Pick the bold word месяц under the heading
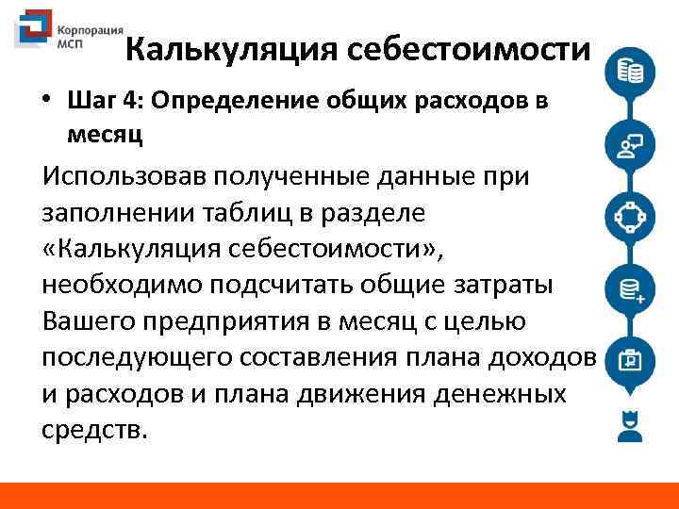pyautogui.click(x=105, y=134)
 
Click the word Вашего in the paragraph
pyautogui.click(x=92, y=321)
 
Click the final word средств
pyautogui.click(x=95, y=430)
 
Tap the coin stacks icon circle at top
pyautogui.click(x=630, y=72)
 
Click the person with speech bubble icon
pyautogui.click(x=629, y=145)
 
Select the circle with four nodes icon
pyautogui.click(x=629, y=217)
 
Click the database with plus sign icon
pyautogui.click(x=629, y=288)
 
